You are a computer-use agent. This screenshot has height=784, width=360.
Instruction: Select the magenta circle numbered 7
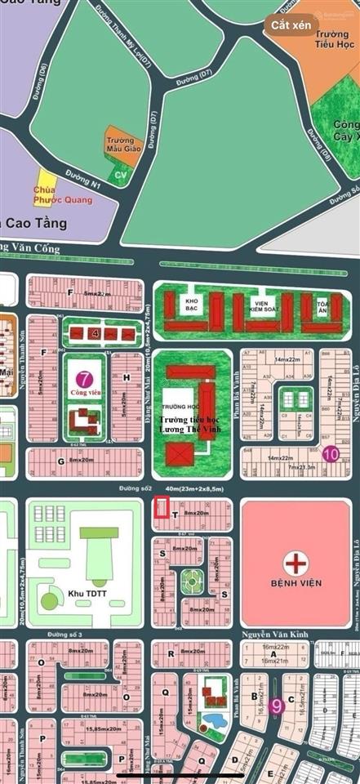click(83, 379)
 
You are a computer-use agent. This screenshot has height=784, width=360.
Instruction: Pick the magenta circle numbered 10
click(331, 454)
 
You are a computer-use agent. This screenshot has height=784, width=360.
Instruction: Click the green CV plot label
click(121, 175)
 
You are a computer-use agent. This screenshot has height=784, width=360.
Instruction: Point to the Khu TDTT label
click(92, 590)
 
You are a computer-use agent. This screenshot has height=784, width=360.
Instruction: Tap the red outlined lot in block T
click(162, 510)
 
